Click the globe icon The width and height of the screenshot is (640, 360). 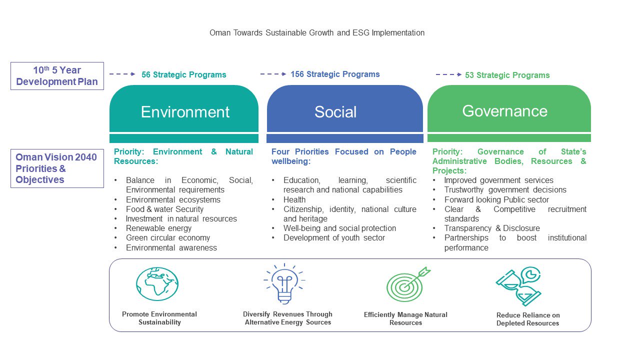point(157,283)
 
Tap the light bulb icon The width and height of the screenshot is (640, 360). point(284,283)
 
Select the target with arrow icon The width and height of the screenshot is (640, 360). point(408,284)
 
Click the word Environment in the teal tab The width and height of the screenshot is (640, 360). point(185,111)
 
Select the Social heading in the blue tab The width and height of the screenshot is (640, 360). point(335,111)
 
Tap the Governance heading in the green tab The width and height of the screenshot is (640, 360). point(505,111)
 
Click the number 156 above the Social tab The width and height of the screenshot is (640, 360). point(297,74)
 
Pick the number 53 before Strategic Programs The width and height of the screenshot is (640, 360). point(469,75)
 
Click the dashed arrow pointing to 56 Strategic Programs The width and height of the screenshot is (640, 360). point(122,74)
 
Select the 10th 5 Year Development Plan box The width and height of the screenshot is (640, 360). point(57,76)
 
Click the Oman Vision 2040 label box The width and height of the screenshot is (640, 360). point(57,168)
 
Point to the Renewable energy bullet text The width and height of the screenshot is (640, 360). point(158,228)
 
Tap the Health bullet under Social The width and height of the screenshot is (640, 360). point(294,199)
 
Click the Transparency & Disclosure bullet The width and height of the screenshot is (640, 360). point(492,228)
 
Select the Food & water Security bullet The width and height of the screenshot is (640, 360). point(164,209)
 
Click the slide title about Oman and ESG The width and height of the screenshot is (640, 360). point(317,33)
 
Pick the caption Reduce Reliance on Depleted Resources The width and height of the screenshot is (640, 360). point(527,319)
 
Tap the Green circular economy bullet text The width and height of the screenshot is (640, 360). point(168,237)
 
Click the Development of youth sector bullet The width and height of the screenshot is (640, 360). point(334,237)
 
